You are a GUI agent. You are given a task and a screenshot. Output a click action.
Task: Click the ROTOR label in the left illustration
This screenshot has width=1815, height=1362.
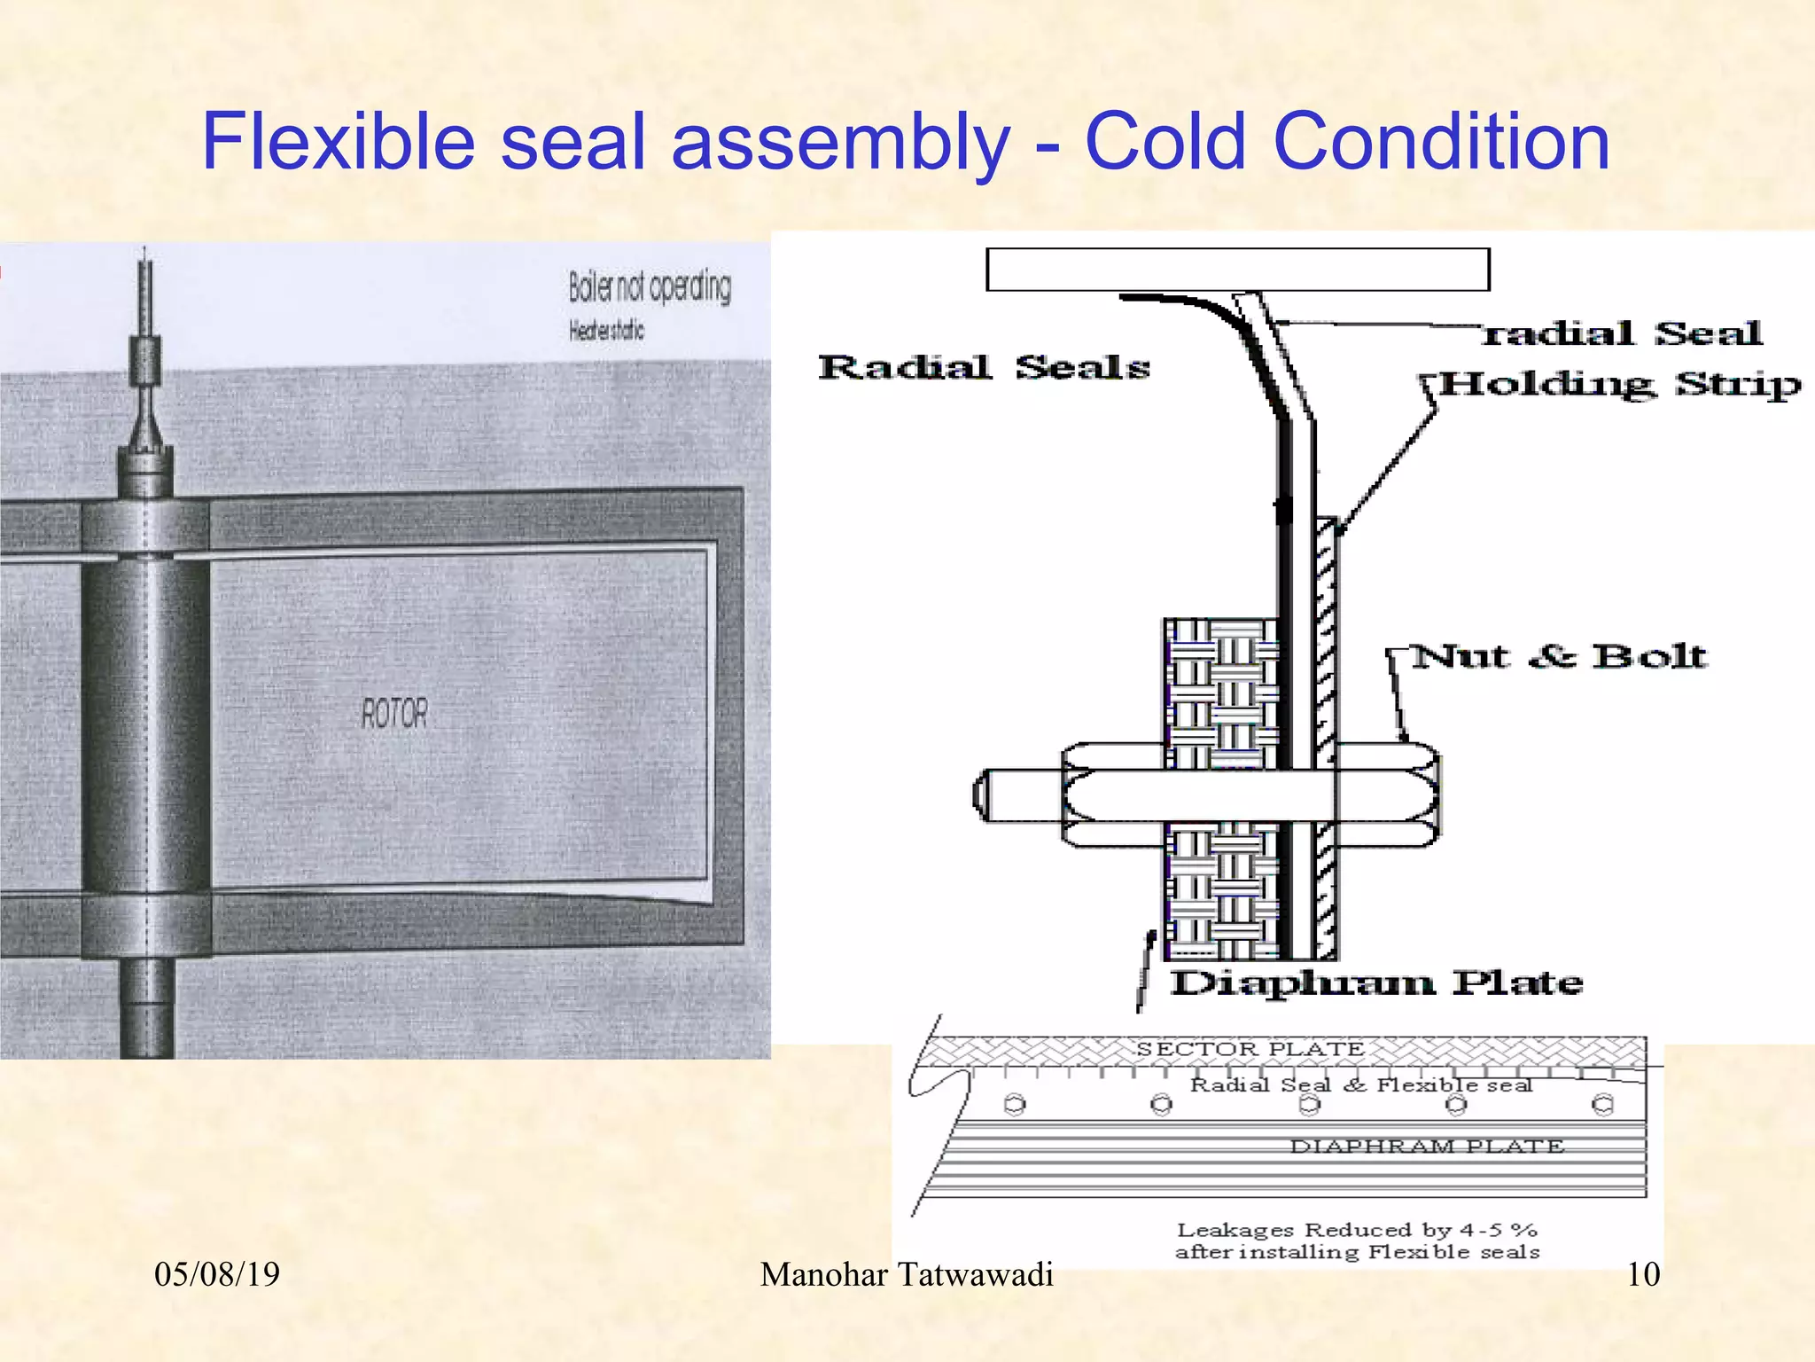(394, 713)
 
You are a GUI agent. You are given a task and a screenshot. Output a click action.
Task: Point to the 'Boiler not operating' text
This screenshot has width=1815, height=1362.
(650, 287)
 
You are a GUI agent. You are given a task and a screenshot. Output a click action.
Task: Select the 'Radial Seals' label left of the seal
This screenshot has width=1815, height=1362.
(984, 367)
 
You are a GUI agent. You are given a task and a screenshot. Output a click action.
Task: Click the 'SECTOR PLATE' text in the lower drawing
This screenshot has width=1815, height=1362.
(1250, 1049)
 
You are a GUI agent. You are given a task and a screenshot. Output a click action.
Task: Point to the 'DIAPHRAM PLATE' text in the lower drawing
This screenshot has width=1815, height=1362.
(1427, 1146)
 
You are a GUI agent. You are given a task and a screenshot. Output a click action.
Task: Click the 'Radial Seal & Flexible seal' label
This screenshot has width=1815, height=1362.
(1361, 1084)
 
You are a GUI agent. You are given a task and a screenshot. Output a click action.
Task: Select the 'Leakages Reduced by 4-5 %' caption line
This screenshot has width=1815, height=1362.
(1357, 1230)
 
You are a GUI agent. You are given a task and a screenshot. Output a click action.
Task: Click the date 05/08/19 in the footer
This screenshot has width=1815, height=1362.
(217, 1274)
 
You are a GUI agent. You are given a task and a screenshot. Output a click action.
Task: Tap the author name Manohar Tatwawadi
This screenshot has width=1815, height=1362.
(907, 1274)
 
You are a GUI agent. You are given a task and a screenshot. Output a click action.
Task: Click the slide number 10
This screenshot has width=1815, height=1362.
(1643, 1274)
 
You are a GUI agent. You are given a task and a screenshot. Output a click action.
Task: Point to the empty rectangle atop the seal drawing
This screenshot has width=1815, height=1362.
(1237, 270)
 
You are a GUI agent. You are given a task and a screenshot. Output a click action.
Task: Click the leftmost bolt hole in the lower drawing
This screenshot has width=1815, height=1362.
(1015, 1105)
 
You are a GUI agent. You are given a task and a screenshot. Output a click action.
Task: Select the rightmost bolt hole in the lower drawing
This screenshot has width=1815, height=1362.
(1602, 1105)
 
